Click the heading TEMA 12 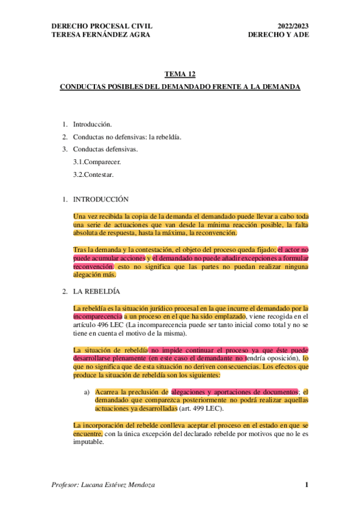(x=180, y=75)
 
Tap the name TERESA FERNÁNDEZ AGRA (x=101, y=34)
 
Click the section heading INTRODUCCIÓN (x=100, y=198)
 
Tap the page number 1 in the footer (x=306, y=485)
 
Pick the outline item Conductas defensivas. (x=105, y=149)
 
